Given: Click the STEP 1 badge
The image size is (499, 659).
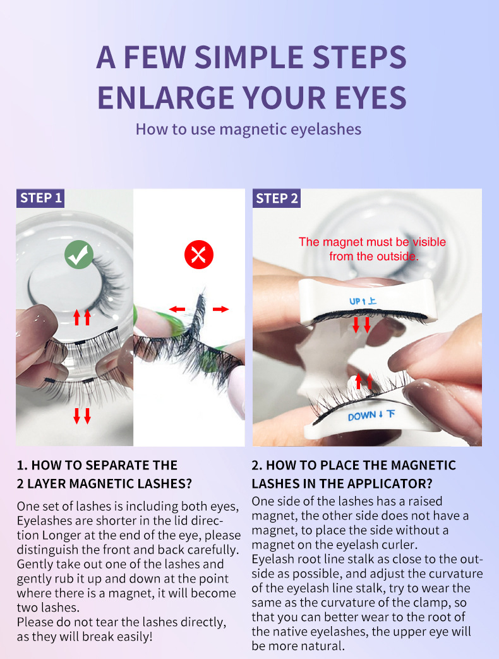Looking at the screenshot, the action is click(40, 198).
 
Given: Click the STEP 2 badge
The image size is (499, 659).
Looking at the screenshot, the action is click(277, 198).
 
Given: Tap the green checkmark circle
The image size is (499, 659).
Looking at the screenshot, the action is click(79, 255).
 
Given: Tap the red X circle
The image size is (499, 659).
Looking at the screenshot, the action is click(199, 255).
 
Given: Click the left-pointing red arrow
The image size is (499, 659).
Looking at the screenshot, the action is click(177, 310).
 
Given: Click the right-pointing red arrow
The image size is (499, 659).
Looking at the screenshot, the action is click(220, 310).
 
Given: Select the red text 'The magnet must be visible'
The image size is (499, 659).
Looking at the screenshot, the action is click(372, 241).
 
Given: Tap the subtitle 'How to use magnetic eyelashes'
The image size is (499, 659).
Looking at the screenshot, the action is click(248, 129).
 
